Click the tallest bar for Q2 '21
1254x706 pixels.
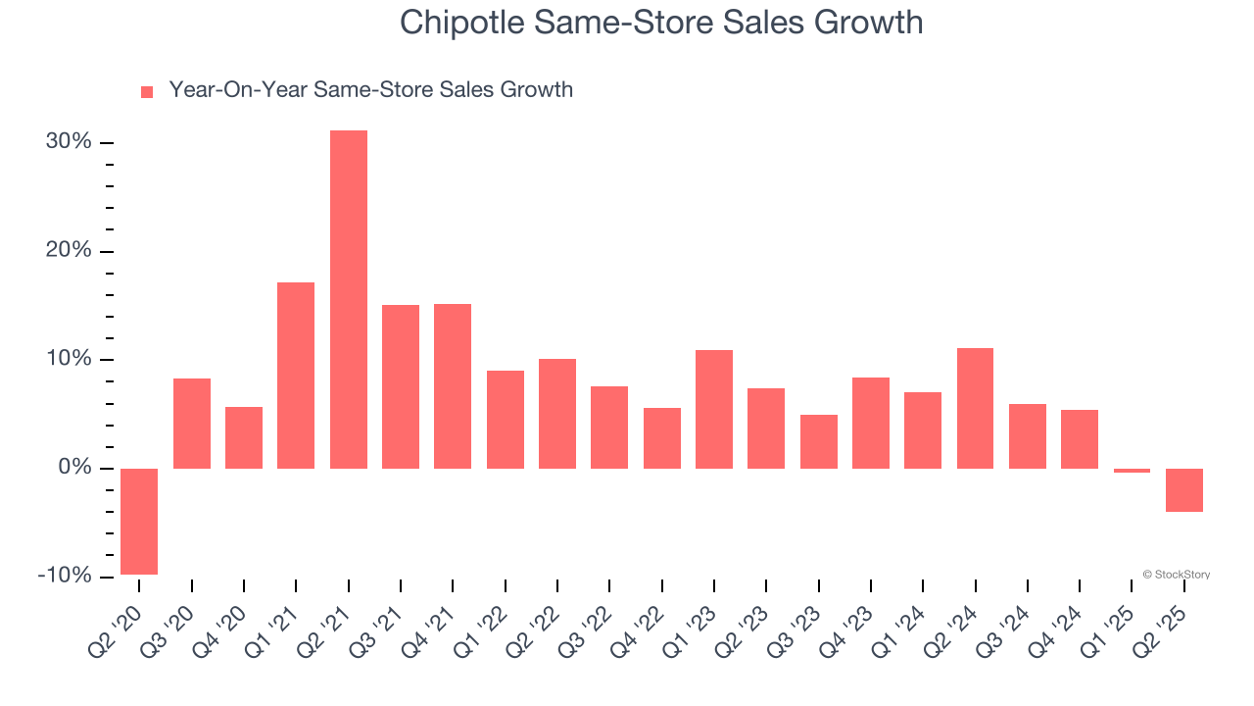349,299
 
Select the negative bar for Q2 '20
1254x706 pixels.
139,522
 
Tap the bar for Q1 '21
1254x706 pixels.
296,376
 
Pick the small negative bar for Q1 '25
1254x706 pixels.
1132,471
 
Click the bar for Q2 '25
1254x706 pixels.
1184,490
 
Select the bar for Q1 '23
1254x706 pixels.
714,409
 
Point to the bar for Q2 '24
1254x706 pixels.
975,408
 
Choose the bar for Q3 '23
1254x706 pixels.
819,441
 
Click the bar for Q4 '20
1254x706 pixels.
244,437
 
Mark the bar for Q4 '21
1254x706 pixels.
453,386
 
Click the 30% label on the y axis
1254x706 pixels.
69,142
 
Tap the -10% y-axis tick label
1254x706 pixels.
65,576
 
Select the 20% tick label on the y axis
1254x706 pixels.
69,251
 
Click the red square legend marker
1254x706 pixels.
147,91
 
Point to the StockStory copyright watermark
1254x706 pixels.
1176,575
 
